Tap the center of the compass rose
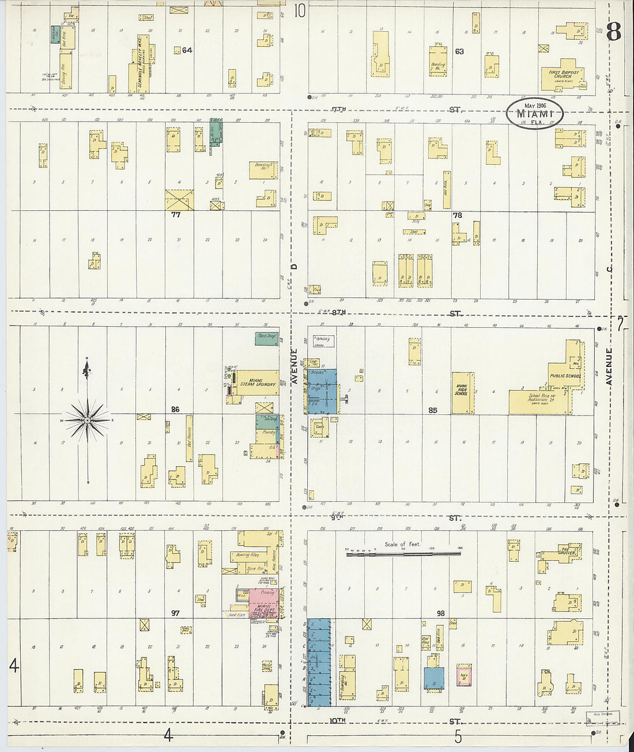click(x=87, y=421)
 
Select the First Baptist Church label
click(x=563, y=74)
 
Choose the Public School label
click(x=565, y=376)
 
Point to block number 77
click(x=176, y=215)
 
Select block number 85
click(x=433, y=410)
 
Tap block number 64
click(x=187, y=50)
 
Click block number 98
click(x=440, y=613)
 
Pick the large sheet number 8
click(x=613, y=32)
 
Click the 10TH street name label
click(x=338, y=720)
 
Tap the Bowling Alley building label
click(x=247, y=555)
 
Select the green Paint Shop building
click(x=267, y=339)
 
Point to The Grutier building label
click(x=567, y=552)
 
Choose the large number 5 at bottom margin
click(x=458, y=736)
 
